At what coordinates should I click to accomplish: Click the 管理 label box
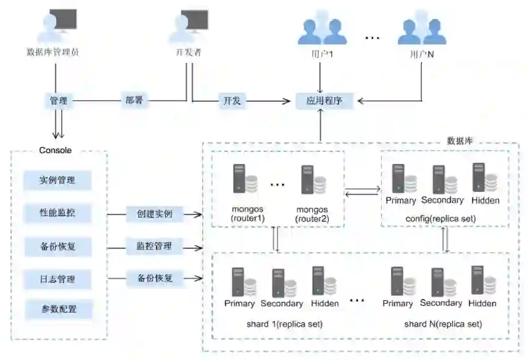pyautogui.click(x=58, y=100)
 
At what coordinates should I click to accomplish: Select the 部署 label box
pyautogui.click(x=134, y=100)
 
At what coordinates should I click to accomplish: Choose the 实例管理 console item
pyautogui.click(x=57, y=180)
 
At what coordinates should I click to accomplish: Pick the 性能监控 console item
pyautogui.click(x=57, y=214)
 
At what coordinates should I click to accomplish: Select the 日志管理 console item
pyautogui.click(x=57, y=278)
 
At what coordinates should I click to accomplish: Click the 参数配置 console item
pyautogui.click(x=57, y=308)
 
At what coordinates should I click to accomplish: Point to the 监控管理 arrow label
pyautogui.click(x=154, y=246)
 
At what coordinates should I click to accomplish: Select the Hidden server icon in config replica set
pyautogui.click(x=485, y=178)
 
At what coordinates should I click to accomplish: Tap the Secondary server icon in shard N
pyautogui.click(x=442, y=282)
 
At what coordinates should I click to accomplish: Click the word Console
pyautogui.click(x=56, y=150)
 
